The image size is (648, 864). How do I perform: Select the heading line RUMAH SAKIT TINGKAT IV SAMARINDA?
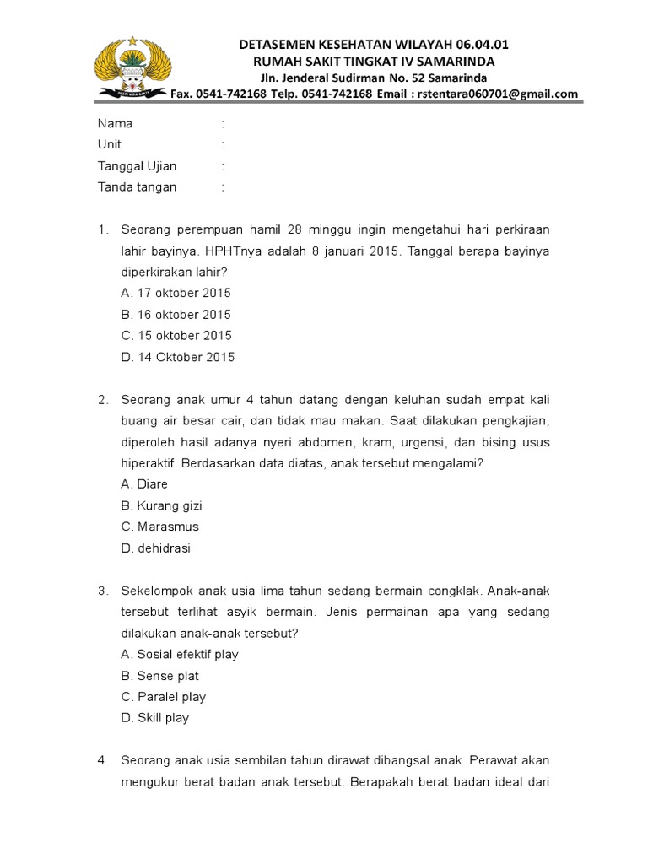375,62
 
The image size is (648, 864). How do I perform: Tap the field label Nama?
115,124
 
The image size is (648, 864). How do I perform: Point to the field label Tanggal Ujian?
137,166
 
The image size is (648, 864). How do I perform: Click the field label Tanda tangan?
137,187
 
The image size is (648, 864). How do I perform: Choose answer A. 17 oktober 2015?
175,294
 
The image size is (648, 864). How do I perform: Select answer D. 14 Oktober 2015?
177,357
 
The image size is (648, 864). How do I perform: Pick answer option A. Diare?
144,484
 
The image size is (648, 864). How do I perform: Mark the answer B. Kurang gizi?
161,506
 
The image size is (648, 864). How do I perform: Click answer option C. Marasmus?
159,526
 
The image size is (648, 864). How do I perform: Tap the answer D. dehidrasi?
155,548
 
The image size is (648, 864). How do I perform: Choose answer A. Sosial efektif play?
180,655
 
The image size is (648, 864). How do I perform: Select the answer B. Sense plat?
159,676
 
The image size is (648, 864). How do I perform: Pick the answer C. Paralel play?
163,697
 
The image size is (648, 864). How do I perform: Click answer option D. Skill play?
155,718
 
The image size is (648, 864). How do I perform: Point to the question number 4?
102,761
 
